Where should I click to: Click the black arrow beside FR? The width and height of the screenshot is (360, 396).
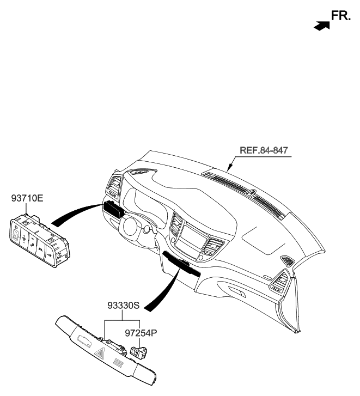click(322, 25)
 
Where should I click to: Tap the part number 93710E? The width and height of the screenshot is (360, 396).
click(27, 199)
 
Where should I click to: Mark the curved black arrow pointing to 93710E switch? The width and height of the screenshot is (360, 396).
click(76, 215)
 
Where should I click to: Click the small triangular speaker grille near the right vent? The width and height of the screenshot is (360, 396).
click(286, 261)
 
